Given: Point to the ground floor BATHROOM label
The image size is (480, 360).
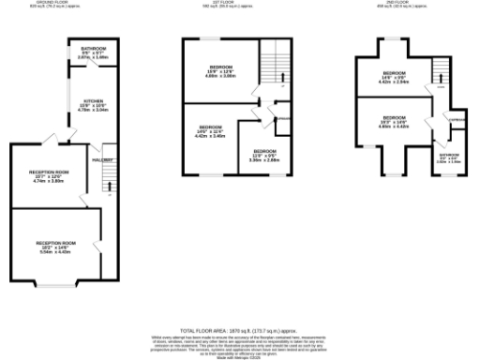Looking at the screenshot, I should tap(93, 52).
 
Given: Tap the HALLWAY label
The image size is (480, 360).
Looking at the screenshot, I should tap(102, 161).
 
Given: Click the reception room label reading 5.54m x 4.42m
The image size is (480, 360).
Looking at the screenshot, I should tap(56, 247).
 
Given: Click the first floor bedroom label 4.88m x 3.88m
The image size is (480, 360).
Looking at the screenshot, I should tap(222, 70).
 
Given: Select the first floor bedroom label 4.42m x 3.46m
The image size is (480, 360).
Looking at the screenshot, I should tap(211, 131).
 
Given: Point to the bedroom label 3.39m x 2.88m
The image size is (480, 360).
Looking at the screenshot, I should tap(265, 155).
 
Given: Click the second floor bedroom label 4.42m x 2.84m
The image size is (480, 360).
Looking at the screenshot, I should tap(394, 78).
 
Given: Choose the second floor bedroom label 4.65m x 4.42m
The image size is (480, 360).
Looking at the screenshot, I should tap(394, 121).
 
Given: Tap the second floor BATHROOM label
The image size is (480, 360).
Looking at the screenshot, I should tap(450, 158).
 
